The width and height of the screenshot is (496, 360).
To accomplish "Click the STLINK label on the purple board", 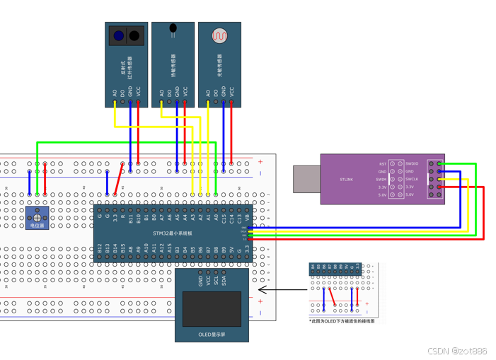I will pos(346,180).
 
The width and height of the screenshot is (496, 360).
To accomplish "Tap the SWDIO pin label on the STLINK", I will pos(411,164).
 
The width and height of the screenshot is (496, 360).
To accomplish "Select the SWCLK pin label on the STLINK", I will pos(411,180).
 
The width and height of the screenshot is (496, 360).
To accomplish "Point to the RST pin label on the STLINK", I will pos(382,164).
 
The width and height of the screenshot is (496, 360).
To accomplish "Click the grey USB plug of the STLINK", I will pos(306,179).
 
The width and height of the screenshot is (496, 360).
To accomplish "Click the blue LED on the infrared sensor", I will pos(119,35).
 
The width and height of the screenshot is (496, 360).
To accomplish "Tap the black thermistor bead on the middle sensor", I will pos(173,29).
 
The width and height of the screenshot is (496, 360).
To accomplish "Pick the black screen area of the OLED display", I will pos(212,309).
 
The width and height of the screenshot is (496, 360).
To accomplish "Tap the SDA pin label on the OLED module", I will pos(224,281).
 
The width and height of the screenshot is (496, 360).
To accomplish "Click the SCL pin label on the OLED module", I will pos(217,281).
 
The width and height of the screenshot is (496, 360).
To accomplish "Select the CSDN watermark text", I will pos(457,351).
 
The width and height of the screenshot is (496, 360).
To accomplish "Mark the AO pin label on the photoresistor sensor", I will pos(208,93).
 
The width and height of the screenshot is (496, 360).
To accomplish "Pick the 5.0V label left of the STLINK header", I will pos(382,194).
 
